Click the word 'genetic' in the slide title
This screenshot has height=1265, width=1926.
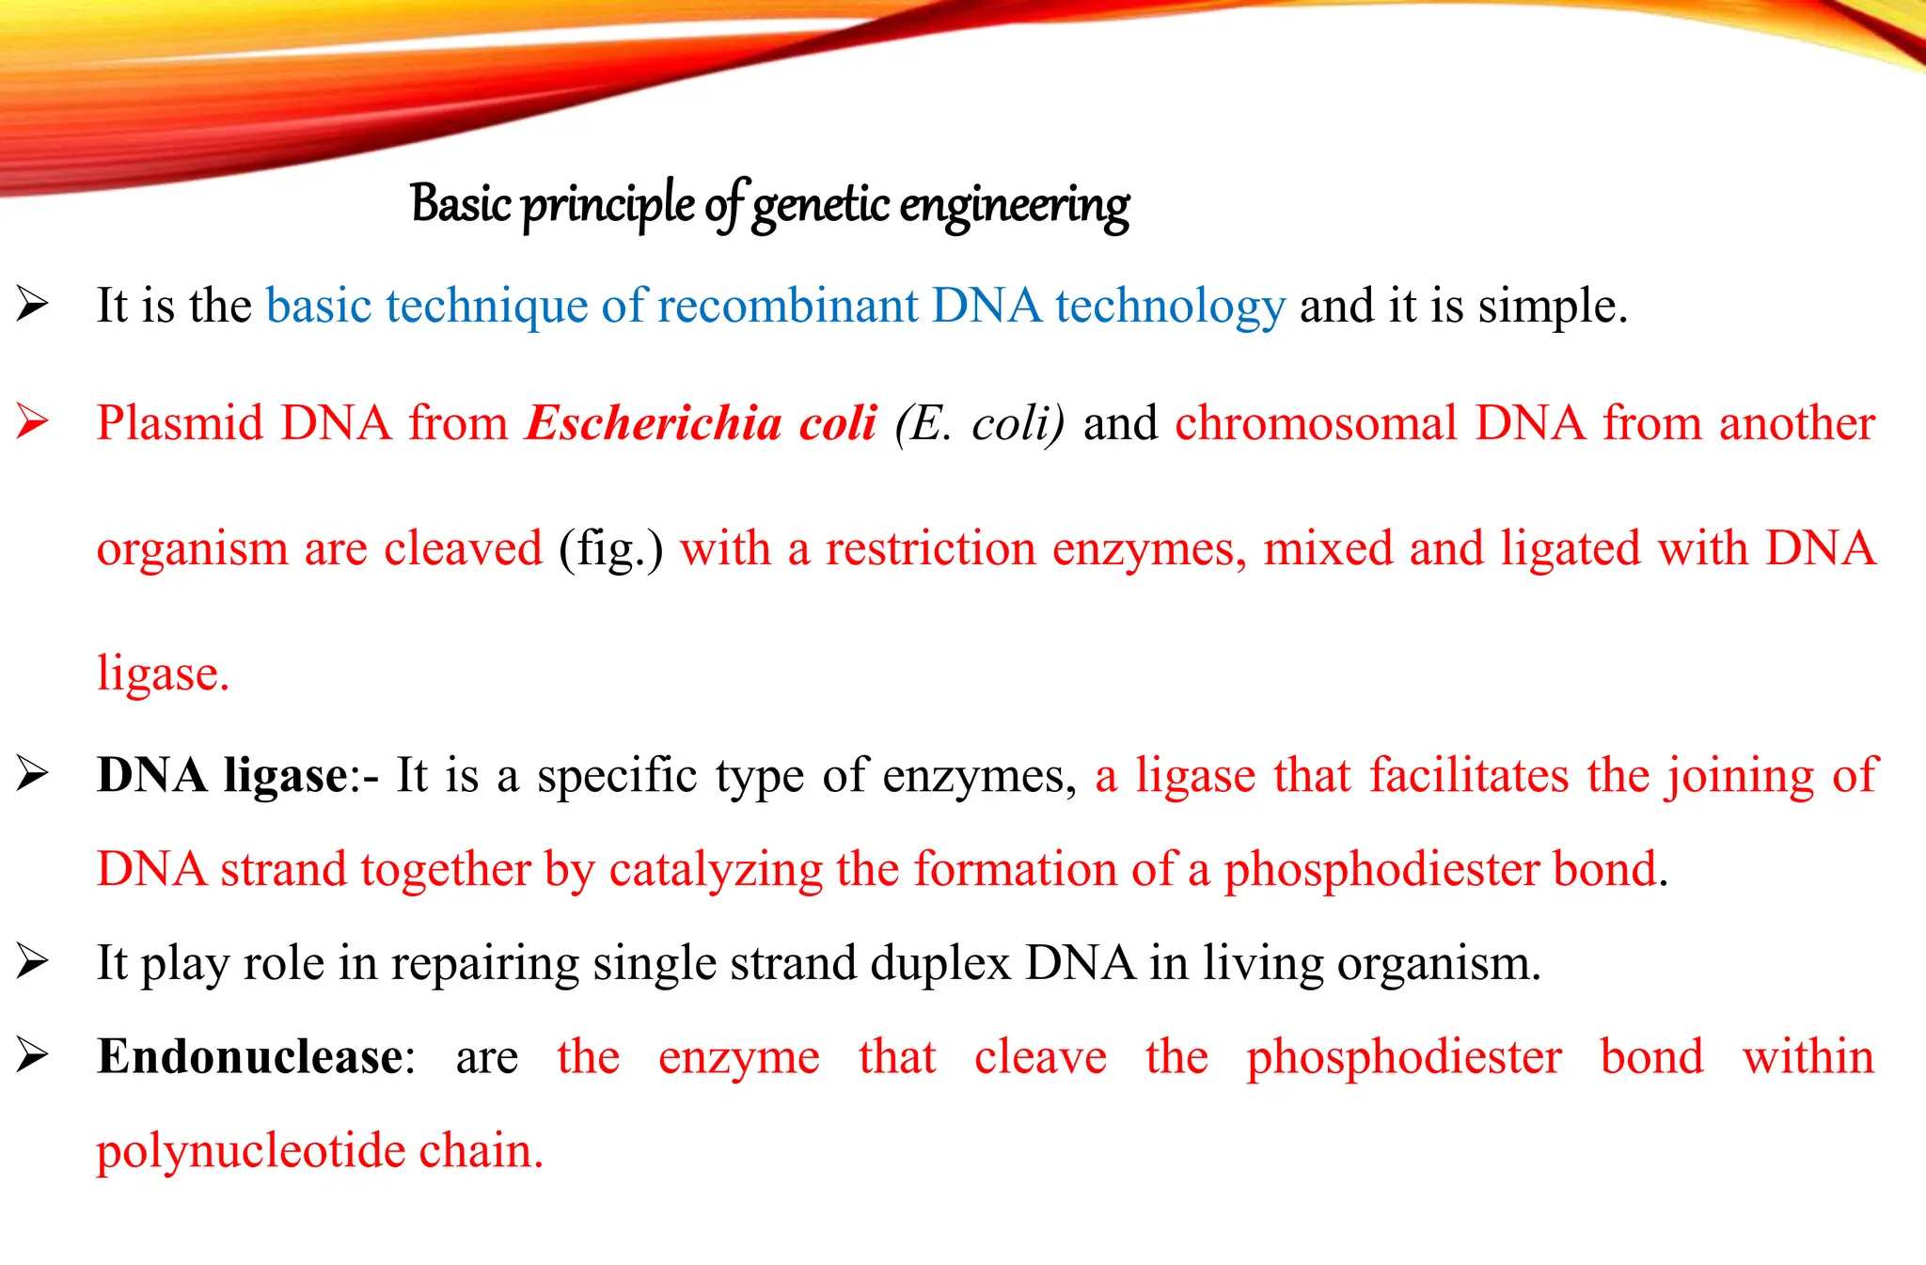[x=820, y=205]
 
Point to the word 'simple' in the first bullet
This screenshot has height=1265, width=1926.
[x=1550, y=306]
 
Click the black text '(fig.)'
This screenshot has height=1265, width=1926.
[x=611, y=548]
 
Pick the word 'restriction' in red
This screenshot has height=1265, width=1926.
[x=930, y=548]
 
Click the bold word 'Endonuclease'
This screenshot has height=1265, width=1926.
[x=250, y=1056]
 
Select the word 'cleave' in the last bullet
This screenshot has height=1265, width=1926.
[x=1040, y=1056]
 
